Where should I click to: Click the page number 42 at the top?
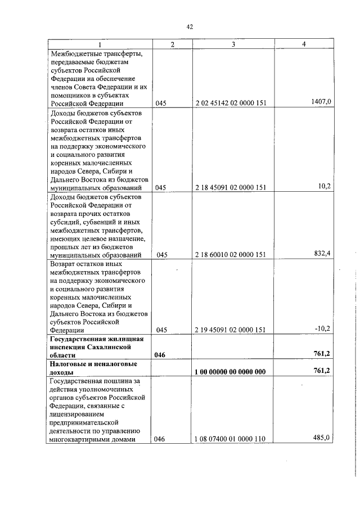tap(190, 26)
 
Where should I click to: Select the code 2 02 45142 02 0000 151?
tap(231, 103)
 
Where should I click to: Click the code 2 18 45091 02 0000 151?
tap(231, 187)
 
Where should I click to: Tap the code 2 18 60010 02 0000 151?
tap(231, 255)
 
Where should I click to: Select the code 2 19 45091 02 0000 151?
tap(231, 330)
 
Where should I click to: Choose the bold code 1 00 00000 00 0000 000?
tap(231, 372)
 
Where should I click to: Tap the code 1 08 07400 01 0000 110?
tap(231, 439)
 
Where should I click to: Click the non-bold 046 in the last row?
tap(162, 439)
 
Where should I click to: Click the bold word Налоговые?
tap(69, 364)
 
